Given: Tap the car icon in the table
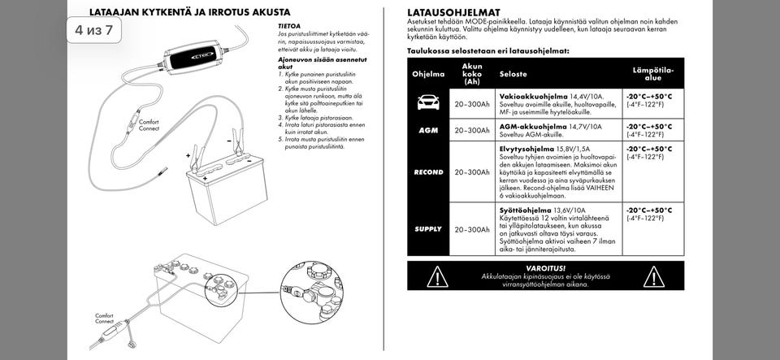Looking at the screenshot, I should [428, 102].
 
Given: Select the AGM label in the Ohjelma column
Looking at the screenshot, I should [428, 130].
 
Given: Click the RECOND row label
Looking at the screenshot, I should [428, 172].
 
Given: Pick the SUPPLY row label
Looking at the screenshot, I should [428, 229].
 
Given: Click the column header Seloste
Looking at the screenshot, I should [513, 74].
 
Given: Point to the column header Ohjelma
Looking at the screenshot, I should [428, 74].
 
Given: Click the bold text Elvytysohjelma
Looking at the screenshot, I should [526, 149].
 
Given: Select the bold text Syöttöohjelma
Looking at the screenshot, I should [526, 209].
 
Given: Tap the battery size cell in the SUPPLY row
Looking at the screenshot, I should [472, 229].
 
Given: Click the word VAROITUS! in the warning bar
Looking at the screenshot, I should [545, 267].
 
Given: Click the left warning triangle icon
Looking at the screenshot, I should [438, 275].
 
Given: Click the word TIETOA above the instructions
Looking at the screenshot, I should [290, 26].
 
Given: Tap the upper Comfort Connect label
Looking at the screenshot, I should [149, 125].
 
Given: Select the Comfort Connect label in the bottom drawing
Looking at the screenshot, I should [105, 318].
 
